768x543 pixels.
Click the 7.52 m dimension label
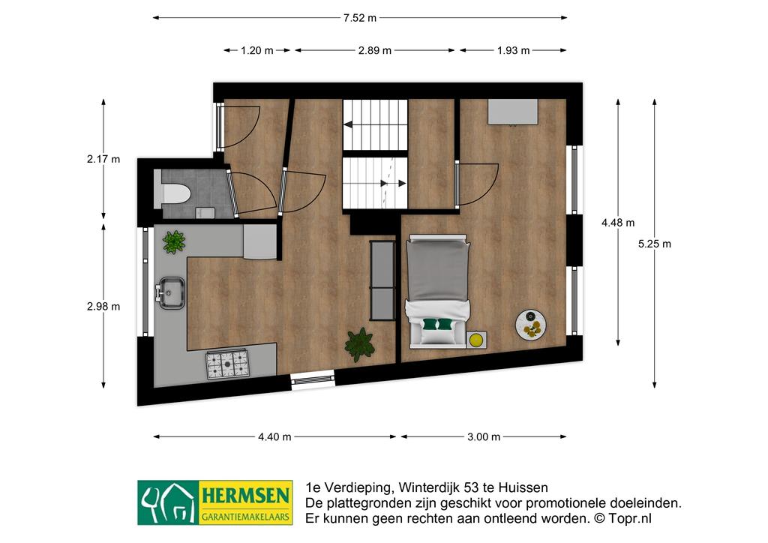360,18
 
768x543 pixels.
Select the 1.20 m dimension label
257,50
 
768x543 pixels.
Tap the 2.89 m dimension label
375,50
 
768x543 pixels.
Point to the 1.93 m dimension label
513,50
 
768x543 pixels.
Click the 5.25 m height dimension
654,244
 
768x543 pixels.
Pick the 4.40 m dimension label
274,436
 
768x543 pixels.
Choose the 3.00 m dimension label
484,436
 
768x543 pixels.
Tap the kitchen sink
170,293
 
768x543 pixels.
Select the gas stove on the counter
228,364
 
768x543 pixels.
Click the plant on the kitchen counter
174,242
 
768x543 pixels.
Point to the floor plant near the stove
360,345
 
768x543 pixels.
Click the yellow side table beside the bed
476,339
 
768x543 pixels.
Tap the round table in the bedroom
531,324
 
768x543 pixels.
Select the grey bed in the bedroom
437,291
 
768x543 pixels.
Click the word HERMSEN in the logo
245,496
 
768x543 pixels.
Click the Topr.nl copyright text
623,518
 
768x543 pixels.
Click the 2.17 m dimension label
103,159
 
